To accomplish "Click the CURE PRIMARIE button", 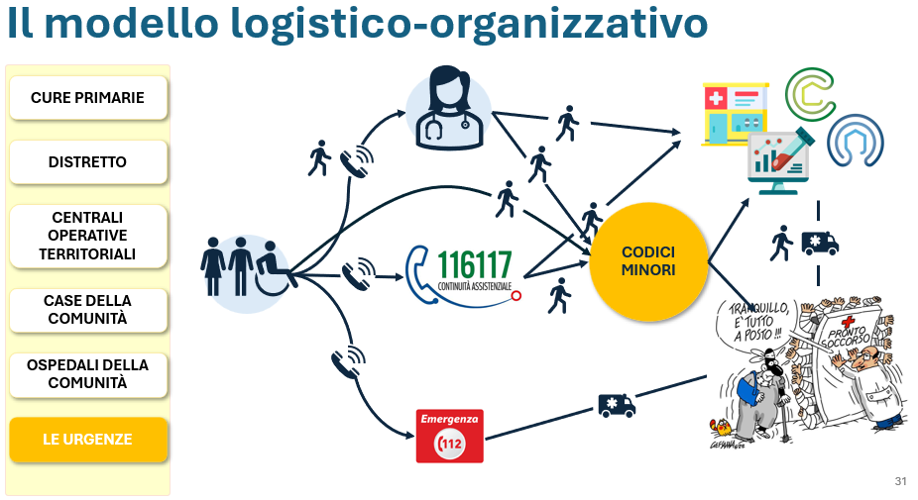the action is pos(88,98).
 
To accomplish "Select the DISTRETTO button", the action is pos(88,162).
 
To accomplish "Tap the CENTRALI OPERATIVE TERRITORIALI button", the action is pos(88,236).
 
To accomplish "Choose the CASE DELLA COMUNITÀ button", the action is pos(88,310).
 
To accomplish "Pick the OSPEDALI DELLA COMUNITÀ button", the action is pos(88,374).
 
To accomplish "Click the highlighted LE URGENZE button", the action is pos(88,440).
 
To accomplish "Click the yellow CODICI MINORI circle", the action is pos(648,261).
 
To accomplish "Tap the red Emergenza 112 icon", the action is pos(450,437).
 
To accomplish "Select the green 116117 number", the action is pos(475,265).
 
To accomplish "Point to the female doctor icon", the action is pos(449,109).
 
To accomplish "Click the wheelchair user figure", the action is pos(273,269).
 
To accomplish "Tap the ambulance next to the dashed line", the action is pos(820,244).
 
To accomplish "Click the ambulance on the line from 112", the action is pos(617,405).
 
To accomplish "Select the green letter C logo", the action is pos(810,94).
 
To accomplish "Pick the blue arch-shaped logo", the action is pos(856,141).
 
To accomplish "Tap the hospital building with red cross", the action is pos(735,114).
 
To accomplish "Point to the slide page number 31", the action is pos(900,481).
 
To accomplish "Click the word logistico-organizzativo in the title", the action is pos(469,24).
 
